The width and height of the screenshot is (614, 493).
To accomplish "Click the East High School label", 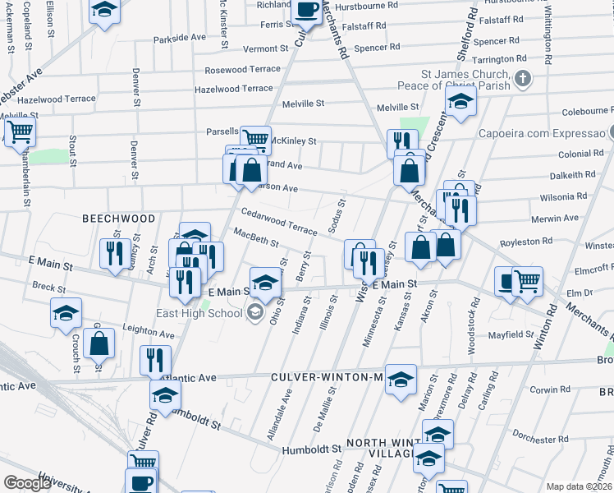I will point(199,313).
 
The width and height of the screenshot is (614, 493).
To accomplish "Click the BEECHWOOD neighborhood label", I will point(118,219).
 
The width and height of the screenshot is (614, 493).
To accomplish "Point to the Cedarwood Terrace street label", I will point(278,223).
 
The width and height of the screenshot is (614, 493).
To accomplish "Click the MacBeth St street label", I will point(256,239).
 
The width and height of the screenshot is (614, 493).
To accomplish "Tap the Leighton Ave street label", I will point(148,334).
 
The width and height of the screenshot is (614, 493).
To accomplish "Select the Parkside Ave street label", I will point(179,38).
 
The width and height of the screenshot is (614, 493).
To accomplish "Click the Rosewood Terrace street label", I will point(242,70).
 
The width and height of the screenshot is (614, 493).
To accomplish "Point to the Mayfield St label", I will point(511,335).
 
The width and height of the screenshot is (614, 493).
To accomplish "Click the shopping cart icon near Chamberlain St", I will point(20,131).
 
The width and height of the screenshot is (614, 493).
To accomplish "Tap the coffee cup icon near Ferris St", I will point(307,11).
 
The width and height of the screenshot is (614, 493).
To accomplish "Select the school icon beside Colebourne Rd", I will point(461,103).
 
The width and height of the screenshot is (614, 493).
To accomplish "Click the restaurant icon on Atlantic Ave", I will point(154,360).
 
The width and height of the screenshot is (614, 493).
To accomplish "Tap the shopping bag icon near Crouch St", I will point(99,343).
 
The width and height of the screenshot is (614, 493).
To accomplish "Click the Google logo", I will point(27,483).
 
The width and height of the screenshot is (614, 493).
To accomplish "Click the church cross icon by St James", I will point(523,80).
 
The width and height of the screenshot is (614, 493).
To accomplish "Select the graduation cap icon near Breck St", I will point(66,314).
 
